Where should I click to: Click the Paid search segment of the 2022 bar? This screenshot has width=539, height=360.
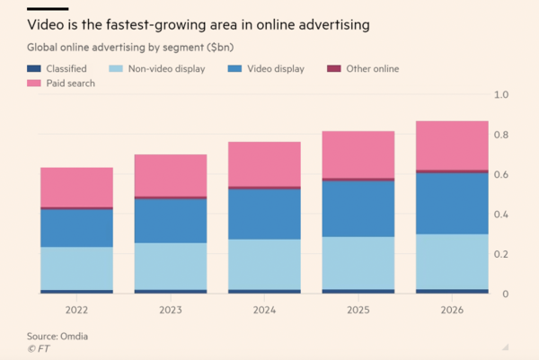[76, 187]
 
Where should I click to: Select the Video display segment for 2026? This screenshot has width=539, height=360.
[452, 203]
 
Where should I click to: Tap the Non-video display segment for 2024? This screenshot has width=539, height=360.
[264, 264]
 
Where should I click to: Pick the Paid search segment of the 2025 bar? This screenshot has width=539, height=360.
[358, 154]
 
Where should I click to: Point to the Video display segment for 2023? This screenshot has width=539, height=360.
[171, 221]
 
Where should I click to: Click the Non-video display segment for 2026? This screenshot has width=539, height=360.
[452, 261]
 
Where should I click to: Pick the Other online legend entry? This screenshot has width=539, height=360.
[365, 68]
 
